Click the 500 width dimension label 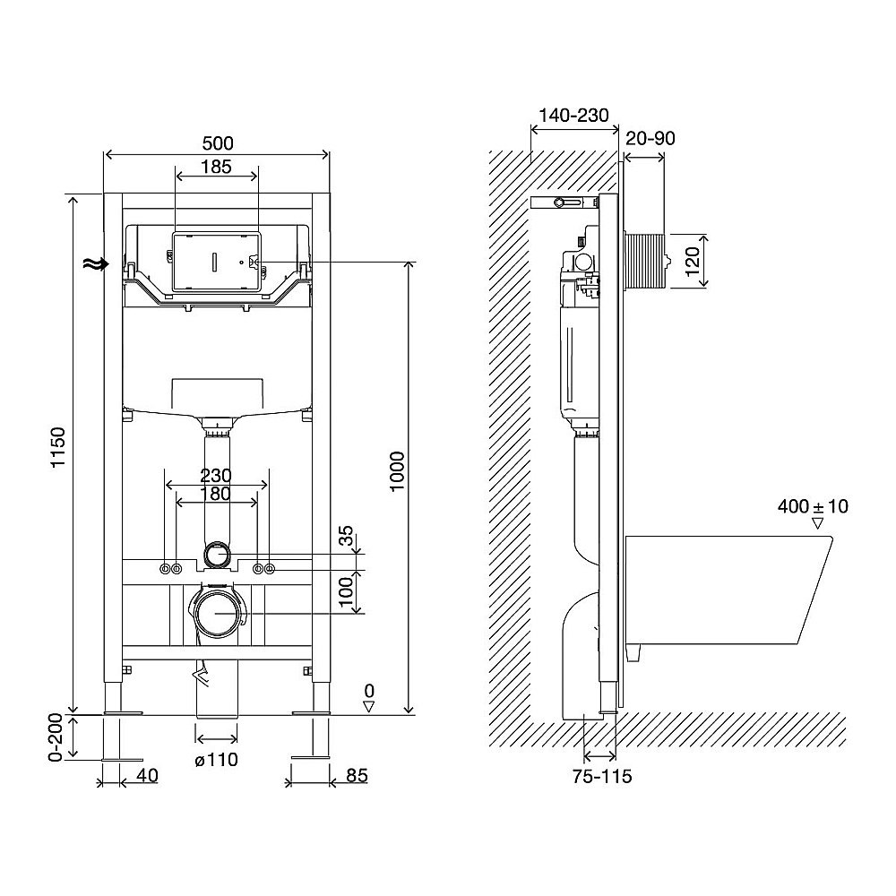(x=217, y=142)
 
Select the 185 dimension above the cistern (x=217, y=167)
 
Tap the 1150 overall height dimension (x=59, y=447)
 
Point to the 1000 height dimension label (x=396, y=471)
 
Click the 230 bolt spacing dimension (x=216, y=476)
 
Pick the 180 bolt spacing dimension (x=216, y=493)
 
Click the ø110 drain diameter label (x=216, y=760)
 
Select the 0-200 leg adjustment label (x=56, y=737)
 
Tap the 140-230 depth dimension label (x=573, y=116)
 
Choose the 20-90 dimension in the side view (x=650, y=138)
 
